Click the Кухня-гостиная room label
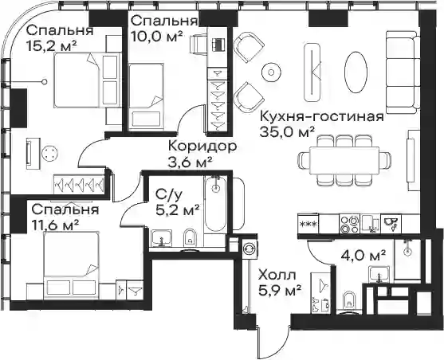322,117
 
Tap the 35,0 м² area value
288,132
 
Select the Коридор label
202,147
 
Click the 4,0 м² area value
363,256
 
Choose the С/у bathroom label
169,194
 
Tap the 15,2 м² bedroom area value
51,45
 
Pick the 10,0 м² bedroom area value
156,36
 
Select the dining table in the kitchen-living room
344,161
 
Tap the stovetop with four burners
349,224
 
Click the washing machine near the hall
250,247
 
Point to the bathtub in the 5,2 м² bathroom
216,203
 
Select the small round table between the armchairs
271,72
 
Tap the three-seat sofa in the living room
403,72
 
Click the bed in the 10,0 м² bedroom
146,96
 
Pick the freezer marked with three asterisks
308,224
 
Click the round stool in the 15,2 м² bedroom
50,154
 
